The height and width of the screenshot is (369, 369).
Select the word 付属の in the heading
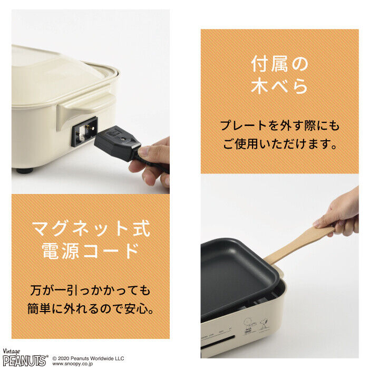(279, 64)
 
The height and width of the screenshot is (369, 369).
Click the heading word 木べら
(279, 86)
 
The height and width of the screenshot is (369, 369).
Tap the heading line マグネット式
(91, 228)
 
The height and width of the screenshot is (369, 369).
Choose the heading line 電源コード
(91, 251)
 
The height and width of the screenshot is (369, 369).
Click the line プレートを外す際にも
(279, 125)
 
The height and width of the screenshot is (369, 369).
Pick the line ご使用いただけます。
(279, 144)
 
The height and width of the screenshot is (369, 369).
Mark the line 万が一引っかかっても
(91, 290)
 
